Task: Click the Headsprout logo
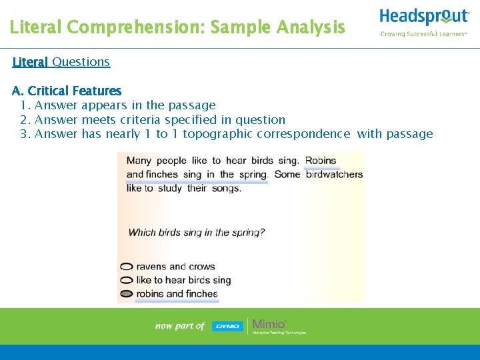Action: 423,17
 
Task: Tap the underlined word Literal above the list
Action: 30,62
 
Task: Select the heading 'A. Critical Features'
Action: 67,91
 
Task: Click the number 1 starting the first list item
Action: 24,105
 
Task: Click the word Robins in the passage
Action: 321,161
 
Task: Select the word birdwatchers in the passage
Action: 334,175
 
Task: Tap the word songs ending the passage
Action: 225,188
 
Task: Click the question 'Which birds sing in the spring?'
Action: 196,233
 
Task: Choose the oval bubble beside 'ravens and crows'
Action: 127,267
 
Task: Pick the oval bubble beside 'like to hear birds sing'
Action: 127,281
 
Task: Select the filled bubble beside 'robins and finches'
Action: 127,294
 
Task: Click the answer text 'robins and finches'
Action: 177,294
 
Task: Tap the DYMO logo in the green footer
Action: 227,326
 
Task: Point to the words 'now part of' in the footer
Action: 180,326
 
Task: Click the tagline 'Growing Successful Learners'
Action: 423,34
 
